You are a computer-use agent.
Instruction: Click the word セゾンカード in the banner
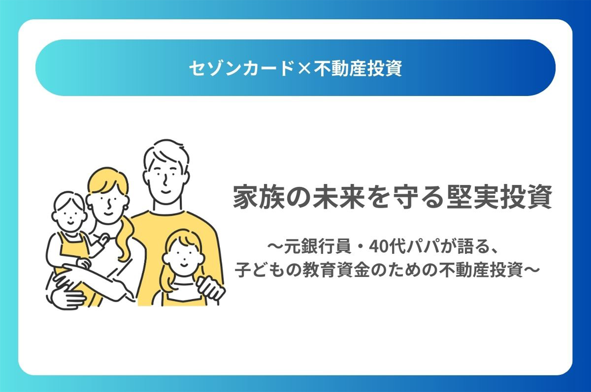[242, 68]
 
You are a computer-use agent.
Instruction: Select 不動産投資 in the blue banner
[358, 68]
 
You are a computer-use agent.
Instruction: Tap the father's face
[166, 179]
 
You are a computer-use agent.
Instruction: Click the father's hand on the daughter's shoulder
[210, 289]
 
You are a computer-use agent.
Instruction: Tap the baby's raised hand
[105, 239]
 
